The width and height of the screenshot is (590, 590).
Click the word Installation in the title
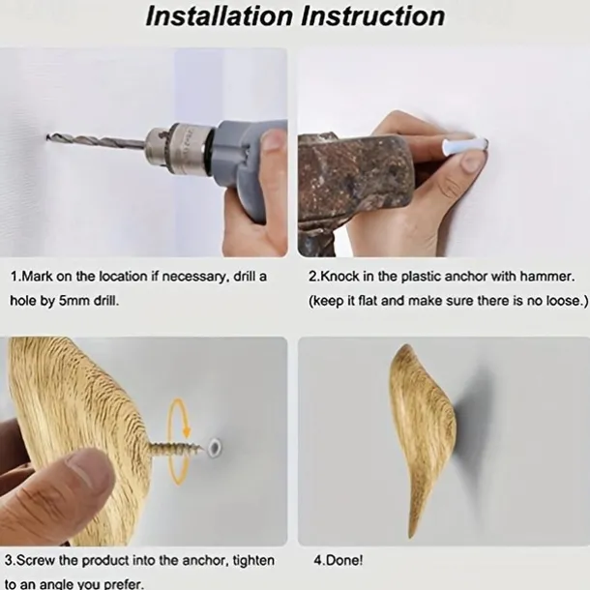[x=219, y=15]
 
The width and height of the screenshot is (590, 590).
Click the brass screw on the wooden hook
[x=177, y=448]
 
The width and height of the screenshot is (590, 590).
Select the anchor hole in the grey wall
[x=215, y=448]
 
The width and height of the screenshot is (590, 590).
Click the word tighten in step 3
[x=253, y=561]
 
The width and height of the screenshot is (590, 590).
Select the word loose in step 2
[x=562, y=301]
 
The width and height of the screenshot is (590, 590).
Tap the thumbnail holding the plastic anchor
[x=471, y=162]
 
